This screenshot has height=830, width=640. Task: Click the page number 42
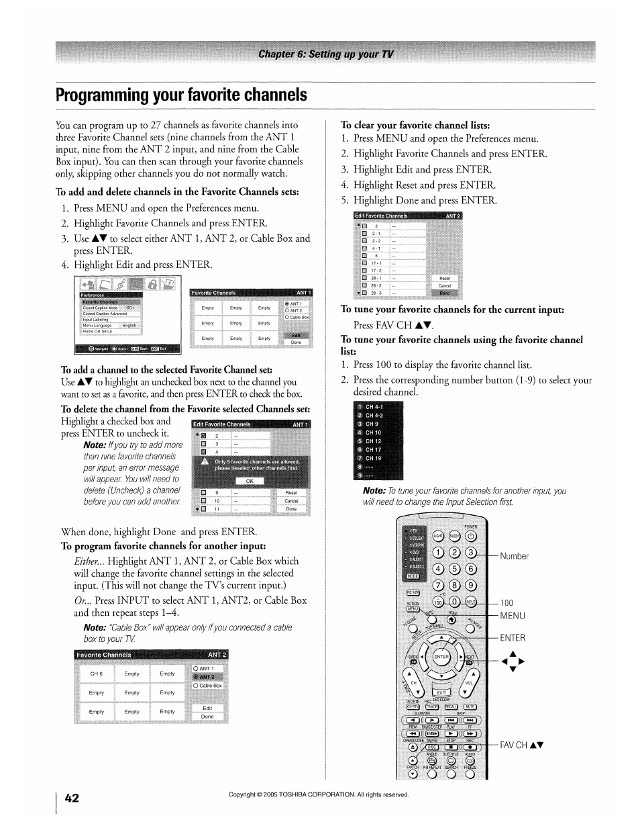(72, 797)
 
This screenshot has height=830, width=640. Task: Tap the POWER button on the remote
(471, 536)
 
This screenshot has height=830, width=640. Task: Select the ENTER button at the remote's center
(441, 656)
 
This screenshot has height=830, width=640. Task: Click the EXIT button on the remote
(441, 692)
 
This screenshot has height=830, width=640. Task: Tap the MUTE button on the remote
(470, 706)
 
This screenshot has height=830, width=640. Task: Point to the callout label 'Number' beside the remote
(514, 556)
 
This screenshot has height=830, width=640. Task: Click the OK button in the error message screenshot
(250, 481)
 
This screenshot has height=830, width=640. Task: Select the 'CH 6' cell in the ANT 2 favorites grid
(97, 674)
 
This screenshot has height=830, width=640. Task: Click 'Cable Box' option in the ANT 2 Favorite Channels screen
(209, 686)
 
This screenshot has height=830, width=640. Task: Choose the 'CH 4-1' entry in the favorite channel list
(374, 407)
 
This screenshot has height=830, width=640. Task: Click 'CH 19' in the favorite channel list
(373, 458)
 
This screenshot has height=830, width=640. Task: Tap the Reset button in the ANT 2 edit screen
(444, 278)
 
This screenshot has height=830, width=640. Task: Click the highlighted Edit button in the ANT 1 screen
(296, 335)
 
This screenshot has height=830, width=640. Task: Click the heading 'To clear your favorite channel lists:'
(415, 125)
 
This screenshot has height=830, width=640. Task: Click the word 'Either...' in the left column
(89, 561)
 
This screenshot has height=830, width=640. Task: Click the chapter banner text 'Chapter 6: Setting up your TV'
(326, 54)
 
